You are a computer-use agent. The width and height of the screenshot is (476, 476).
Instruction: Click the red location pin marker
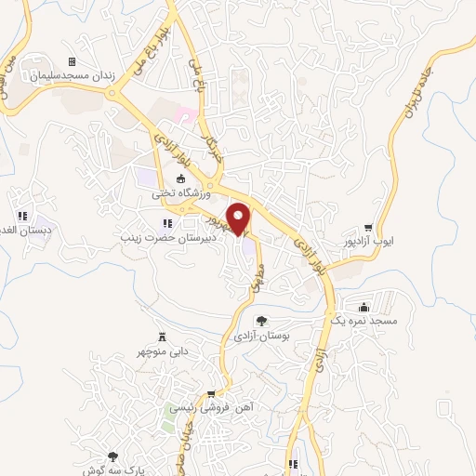[240, 218]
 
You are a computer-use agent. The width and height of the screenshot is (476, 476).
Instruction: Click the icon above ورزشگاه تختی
[180, 180]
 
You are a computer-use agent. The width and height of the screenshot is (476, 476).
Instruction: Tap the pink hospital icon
[184, 115]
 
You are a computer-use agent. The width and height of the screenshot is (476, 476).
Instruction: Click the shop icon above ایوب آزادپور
[369, 226]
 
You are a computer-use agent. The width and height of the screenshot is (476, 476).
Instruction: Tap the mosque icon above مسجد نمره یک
[364, 306]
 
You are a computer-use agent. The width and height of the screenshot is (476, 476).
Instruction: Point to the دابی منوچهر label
[165, 351]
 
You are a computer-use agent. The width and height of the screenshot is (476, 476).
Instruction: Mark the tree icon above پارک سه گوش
[113, 456]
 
